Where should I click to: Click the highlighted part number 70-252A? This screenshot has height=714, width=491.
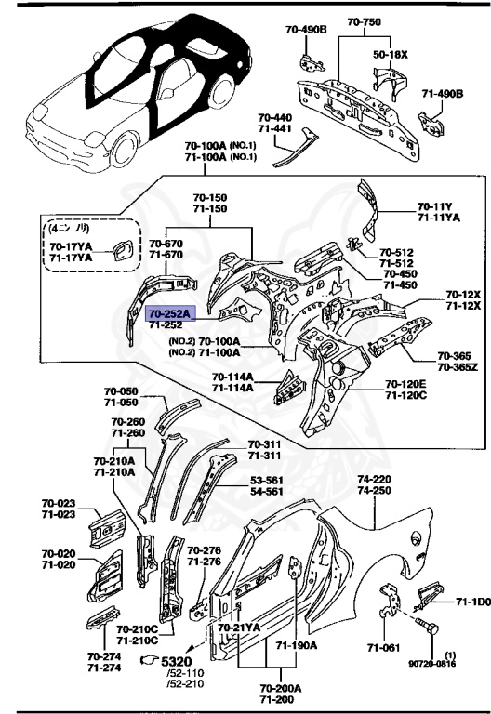[x=168, y=314]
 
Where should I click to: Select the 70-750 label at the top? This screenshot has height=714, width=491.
[x=365, y=21]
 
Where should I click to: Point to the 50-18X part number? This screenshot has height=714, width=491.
[x=391, y=55]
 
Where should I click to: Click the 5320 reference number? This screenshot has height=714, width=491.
[x=177, y=661]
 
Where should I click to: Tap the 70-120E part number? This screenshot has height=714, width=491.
[x=405, y=383]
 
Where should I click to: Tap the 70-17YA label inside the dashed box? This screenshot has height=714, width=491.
[x=70, y=245]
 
